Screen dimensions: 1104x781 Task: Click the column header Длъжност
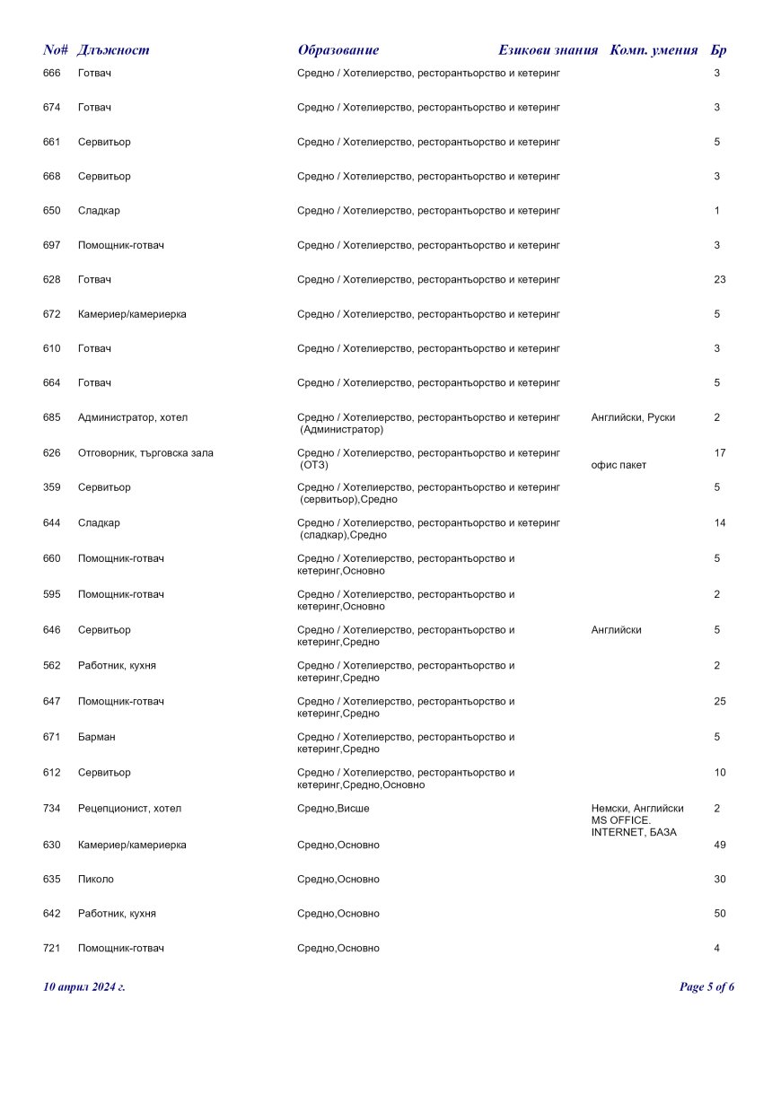coord(113,50)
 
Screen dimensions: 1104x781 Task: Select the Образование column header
coord(338,50)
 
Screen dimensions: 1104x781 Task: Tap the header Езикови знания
coord(548,50)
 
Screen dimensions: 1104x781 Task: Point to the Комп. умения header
coord(654,50)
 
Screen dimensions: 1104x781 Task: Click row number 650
coord(52,211)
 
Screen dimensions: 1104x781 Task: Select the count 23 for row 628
coord(719,280)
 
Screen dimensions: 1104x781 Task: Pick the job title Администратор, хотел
coord(133,417)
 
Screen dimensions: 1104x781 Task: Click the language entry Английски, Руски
coord(633,417)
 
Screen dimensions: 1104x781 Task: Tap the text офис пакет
coord(619,465)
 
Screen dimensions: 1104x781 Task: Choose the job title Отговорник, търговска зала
coord(145,453)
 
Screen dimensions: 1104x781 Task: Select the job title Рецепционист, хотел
coord(129,809)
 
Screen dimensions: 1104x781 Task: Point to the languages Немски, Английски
coord(637,809)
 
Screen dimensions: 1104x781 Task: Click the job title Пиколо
coord(96,880)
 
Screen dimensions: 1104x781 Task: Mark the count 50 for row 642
coord(719,914)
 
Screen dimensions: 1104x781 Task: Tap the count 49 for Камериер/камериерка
coord(719,846)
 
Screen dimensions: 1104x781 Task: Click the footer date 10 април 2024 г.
coord(84,987)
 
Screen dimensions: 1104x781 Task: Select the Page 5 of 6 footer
coord(706,987)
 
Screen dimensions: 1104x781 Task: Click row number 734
coord(52,809)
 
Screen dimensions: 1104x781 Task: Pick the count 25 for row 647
coord(719,702)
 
